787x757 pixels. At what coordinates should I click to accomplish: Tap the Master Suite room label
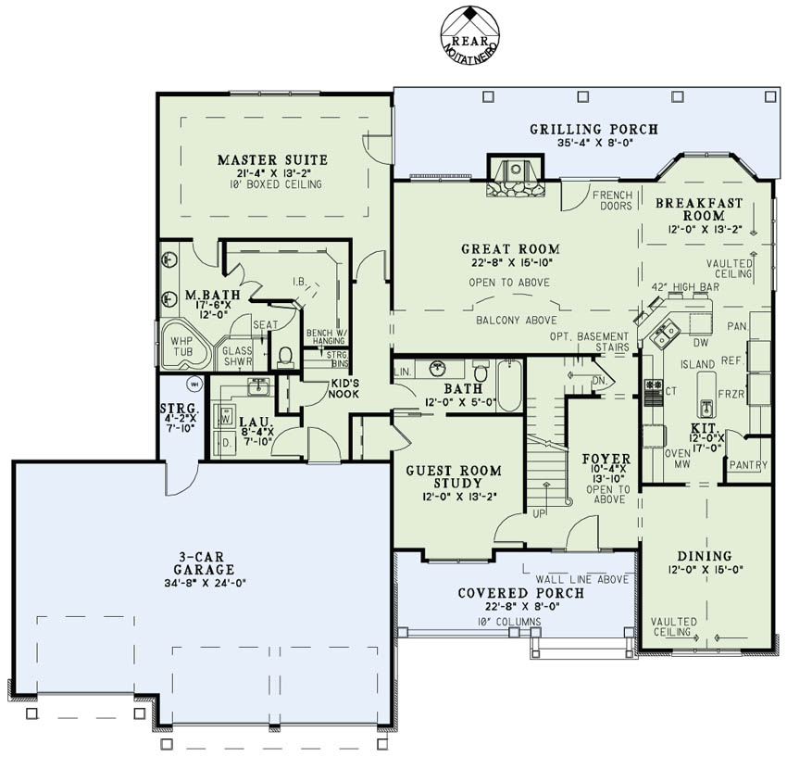[x=272, y=159]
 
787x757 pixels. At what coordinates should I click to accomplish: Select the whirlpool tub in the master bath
[x=185, y=345]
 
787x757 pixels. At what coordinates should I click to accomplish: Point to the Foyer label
[x=606, y=459]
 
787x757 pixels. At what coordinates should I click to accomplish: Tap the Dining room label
[x=704, y=556]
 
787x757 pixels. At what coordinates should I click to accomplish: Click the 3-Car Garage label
[x=206, y=562]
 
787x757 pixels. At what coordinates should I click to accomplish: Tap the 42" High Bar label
[x=686, y=287]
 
